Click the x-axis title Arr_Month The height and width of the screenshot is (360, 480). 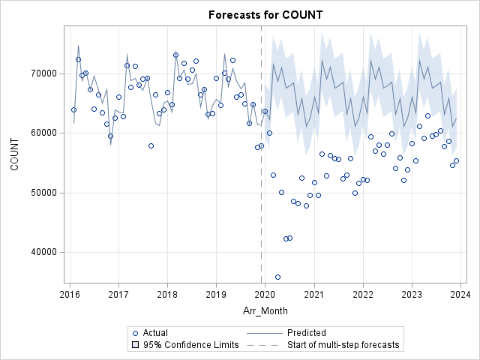click(265, 310)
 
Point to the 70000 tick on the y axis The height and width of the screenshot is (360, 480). click(46, 73)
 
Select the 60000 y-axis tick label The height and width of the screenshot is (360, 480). click(46, 133)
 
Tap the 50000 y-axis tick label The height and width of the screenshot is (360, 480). click(46, 192)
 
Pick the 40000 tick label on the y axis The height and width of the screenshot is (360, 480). click(46, 252)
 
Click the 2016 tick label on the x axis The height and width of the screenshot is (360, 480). click(70, 294)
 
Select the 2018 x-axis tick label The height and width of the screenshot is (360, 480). click(167, 294)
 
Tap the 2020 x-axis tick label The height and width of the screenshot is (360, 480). click(265, 294)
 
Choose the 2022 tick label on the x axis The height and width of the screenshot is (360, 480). click(363, 294)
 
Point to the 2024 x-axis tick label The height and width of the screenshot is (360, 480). click(460, 294)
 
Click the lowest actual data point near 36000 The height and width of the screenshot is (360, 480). click(277, 277)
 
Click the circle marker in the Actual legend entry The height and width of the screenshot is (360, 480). click(135, 333)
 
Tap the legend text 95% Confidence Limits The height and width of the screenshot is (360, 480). click(190, 345)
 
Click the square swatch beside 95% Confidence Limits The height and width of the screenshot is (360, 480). click(135, 345)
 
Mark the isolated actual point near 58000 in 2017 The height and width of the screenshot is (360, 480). click(151, 145)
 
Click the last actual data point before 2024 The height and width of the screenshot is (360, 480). click(456, 161)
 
